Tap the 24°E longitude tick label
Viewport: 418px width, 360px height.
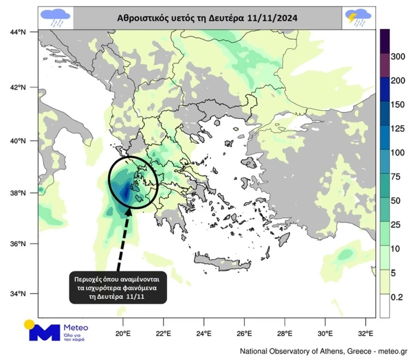(203, 333)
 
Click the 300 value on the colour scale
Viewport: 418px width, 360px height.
(399, 56)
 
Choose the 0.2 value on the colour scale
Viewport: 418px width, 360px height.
(397, 297)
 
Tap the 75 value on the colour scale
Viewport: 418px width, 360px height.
(397, 177)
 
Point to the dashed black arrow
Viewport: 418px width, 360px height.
(120, 238)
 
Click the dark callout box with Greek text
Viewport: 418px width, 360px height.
(119, 287)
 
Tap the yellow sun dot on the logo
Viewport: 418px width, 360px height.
(29, 323)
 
